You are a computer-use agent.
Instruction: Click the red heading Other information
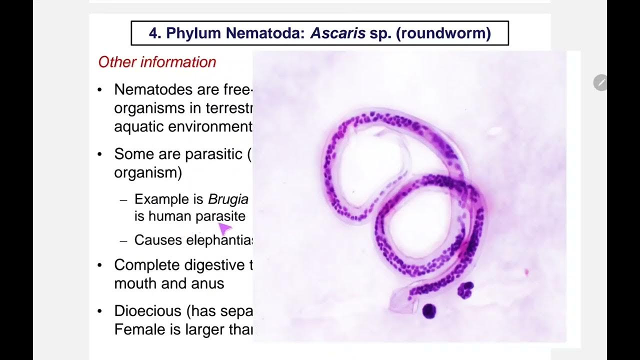tap(157, 62)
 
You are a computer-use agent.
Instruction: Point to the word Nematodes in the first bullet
tap(153, 89)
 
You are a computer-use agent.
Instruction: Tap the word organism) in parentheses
tap(148, 172)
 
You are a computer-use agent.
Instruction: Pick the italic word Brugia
tap(228, 199)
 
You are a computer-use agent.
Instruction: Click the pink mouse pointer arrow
tap(224, 228)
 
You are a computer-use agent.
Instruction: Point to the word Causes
tap(158, 240)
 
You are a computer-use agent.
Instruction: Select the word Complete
tap(147, 264)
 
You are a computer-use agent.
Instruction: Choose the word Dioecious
tap(148, 311)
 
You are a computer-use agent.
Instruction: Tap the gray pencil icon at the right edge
tap(600, 82)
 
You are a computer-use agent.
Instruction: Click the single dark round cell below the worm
tap(429, 311)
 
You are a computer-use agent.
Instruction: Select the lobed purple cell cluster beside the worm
tap(465, 290)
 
